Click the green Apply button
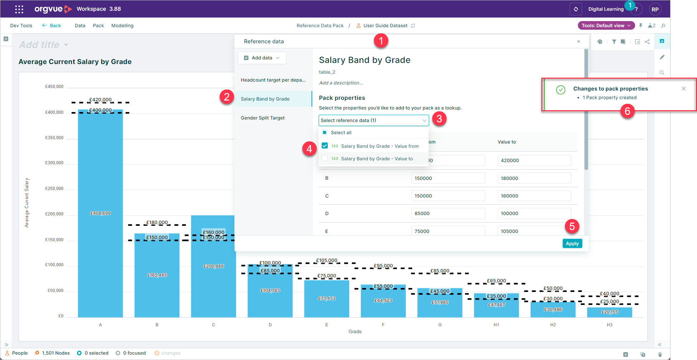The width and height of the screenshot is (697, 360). point(572,243)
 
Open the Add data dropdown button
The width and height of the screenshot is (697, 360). point(262,58)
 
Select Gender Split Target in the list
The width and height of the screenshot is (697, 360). point(263,118)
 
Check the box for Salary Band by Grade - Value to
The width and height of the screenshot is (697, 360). point(325,158)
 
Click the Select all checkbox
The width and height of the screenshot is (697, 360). point(325,132)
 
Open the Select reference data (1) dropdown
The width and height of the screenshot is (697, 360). point(374,120)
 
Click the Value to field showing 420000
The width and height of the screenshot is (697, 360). point(534,160)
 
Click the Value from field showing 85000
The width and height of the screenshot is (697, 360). point(448,213)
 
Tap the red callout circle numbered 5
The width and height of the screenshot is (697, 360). point(572,226)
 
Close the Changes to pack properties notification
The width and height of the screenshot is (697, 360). point(683,89)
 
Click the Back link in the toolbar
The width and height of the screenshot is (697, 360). point(52,26)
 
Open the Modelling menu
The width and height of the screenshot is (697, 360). point(122,26)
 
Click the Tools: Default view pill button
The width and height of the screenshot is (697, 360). point(606,26)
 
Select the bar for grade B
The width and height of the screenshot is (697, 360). point(157,279)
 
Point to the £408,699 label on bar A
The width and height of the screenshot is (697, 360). point(101,213)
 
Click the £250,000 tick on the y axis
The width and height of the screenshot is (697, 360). point(54,189)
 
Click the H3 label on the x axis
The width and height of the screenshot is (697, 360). point(609,325)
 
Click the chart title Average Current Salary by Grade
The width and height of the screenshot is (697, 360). point(75,62)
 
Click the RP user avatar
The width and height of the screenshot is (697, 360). point(655,9)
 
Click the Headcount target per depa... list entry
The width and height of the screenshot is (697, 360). point(273,80)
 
